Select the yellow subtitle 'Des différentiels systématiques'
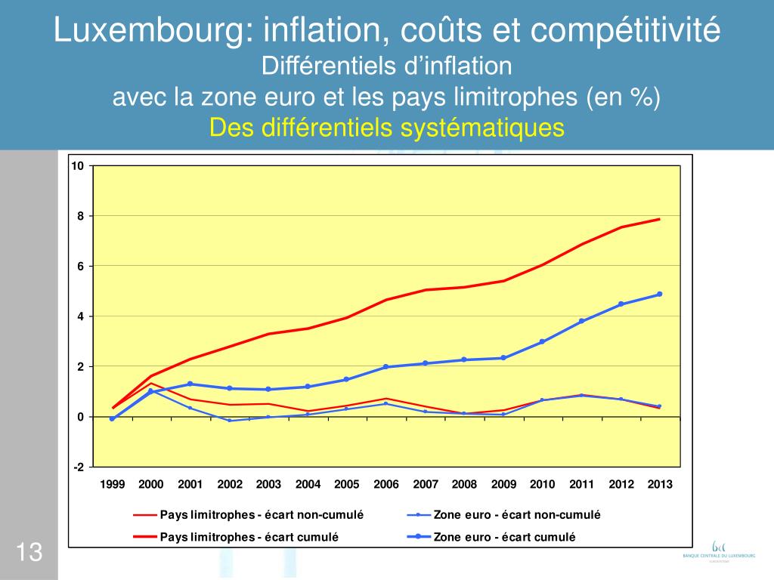tap(386, 128)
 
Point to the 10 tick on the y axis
tap(78, 166)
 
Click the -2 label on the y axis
tap(78, 467)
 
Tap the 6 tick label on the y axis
tap(79, 267)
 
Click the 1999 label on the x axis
tap(112, 484)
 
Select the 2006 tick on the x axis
tap(385, 484)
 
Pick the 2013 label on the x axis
tap(659, 484)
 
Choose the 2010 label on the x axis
tap(542, 484)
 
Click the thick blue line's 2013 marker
tap(659, 295)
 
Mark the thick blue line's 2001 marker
tap(190, 384)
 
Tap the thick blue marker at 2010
tap(542, 341)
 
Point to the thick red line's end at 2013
tap(659, 219)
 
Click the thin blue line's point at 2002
tap(230, 421)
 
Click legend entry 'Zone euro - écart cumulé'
tap(504, 537)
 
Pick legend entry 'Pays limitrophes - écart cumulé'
tap(249, 537)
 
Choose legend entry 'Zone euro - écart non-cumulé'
tap(516, 515)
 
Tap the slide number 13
tap(28, 553)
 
